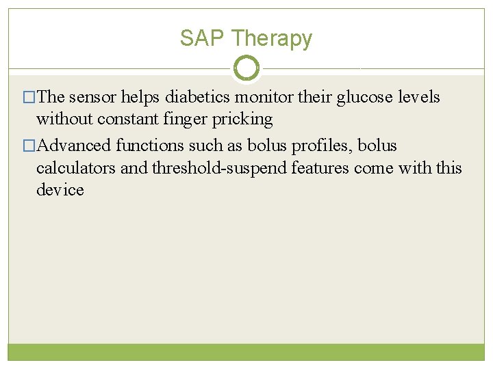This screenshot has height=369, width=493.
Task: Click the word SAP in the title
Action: click(203, 38)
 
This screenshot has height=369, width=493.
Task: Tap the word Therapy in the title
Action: click(271, 39)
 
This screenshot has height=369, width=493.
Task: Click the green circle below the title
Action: click(246, 68)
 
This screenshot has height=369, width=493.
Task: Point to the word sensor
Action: click(94, 97)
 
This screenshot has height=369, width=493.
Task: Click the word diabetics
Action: click(197, 97)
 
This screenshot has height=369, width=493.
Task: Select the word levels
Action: click(418, 97)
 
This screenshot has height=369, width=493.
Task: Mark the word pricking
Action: click(242, 120)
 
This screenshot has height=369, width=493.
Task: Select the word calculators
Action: click(76, 167)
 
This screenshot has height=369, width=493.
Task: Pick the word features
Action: click(322, 167)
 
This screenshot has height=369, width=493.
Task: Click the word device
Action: click(60, 189)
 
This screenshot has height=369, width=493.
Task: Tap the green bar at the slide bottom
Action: click(246, 351)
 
